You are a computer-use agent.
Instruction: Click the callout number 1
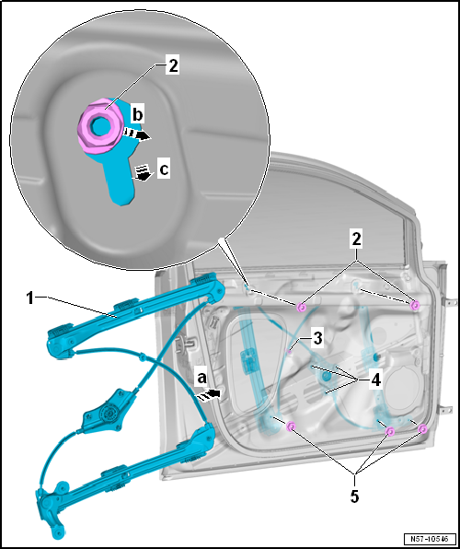30,299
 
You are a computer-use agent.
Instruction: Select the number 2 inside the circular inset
173,66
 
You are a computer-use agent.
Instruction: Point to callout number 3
316,339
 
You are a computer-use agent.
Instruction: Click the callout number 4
375,380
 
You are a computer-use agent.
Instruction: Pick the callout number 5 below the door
355,496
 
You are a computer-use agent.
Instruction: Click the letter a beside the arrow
202,379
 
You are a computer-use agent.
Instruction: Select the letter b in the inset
137,114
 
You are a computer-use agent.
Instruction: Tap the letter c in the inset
164,170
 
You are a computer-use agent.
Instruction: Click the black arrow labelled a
209,394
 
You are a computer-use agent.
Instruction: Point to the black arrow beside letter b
137,134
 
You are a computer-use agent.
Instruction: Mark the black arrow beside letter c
142,173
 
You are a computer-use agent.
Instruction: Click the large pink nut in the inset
100,126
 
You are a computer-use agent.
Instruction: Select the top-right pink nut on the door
415,305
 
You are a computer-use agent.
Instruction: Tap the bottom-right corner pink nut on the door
422,428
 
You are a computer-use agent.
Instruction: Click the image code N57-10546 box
431,538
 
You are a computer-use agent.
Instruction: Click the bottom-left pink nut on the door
291,426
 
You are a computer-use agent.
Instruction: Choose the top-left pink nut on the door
301,308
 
